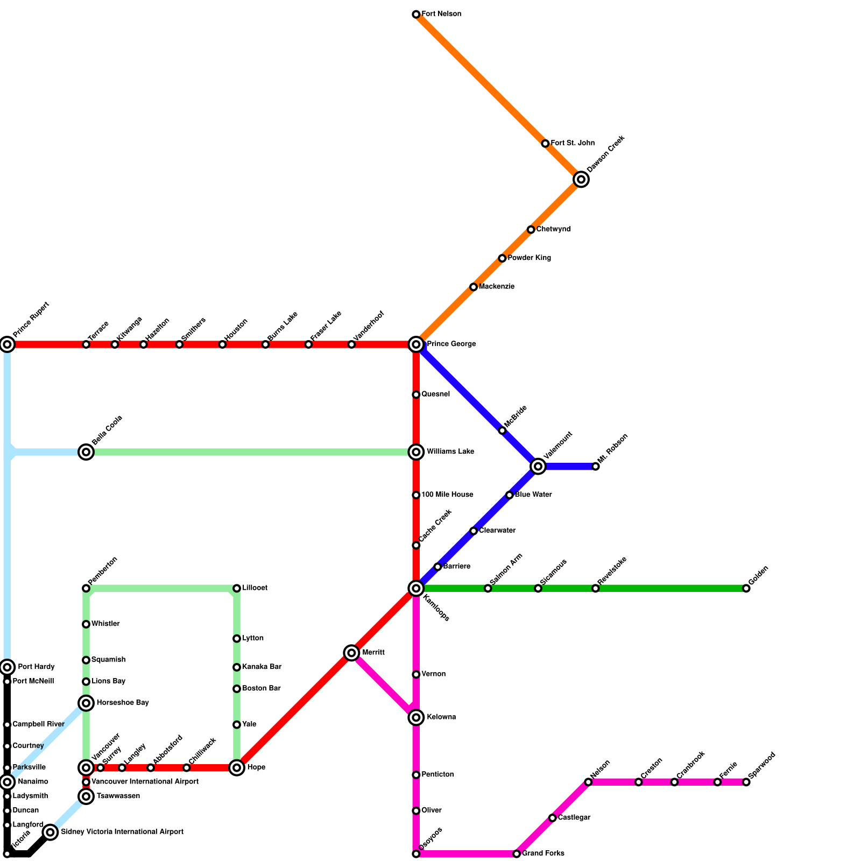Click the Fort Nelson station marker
[416, 15]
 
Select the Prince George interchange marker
[416, 344]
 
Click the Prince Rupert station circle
[7, 344]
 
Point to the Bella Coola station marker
[86, 452]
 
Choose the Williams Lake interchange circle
[416, 452]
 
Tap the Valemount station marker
[538, 467]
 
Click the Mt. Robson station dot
[596, 467]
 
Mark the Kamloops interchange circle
[416, 588]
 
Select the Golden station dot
[746, 588]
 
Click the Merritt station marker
[351, 653]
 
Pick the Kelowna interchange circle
[416, 717]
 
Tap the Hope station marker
[237, 767]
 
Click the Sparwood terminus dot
[746, 782]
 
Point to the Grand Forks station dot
[517, 853]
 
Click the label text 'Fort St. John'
[573, 143]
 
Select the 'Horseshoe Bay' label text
[123, 703]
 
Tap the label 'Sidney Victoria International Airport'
[122, 832]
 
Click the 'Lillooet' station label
[255, 588]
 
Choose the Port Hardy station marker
[7, 667]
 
